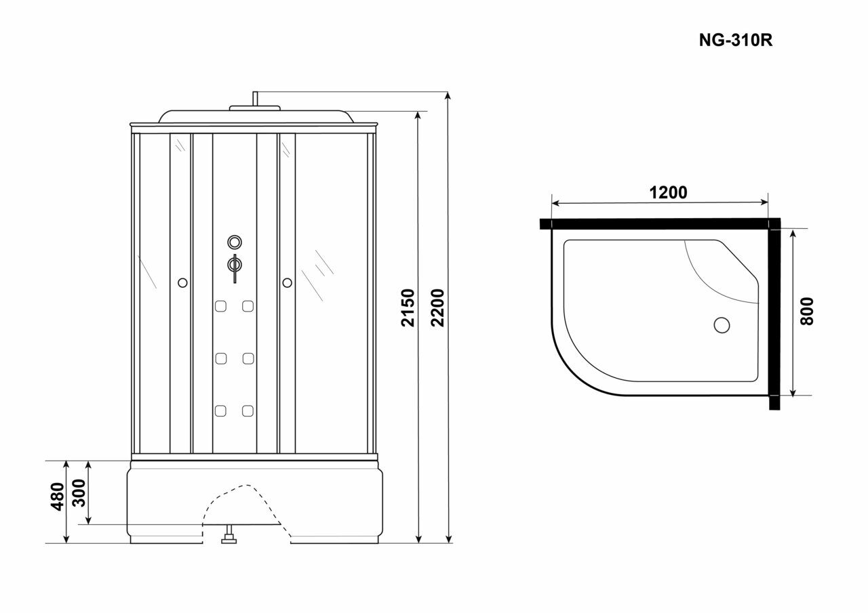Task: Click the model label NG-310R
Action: click(736, 40)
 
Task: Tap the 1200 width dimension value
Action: click(669, 192)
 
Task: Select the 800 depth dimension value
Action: click(806, 311)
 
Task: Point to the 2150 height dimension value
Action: click(408, 308)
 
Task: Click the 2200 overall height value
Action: click(437, 308)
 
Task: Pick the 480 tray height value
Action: click(58, 496)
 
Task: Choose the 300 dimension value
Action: click(79, 492)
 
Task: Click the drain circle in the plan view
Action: click(722, 325)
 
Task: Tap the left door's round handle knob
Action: click(182, 282)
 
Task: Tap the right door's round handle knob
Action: click(287, 282)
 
